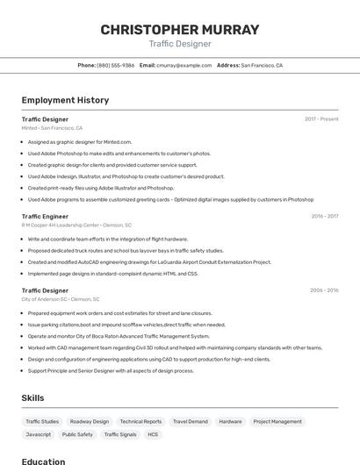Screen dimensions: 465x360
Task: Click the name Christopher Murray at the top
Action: [180, 30]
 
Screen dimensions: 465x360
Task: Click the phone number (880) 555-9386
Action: [115, 65]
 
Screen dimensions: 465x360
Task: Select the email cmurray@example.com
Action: [184, 65]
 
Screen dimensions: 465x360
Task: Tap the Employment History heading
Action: [65, 101]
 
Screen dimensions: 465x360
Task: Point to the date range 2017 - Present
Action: [321, 118]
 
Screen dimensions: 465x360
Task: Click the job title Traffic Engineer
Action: [45, 216]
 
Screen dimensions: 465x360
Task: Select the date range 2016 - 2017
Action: [324, 216]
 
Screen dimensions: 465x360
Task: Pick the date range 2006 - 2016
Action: [324, 290]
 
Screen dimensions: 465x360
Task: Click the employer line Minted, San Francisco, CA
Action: [52, 128]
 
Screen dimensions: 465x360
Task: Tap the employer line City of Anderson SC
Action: [61, 299]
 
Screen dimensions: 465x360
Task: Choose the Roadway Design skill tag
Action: [90, 421]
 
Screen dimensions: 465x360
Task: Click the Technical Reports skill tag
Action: [140, 421]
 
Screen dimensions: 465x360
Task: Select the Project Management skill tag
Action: [277, 421]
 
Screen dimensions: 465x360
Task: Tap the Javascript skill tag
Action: [39, 434]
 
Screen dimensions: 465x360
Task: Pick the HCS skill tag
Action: [153, 434]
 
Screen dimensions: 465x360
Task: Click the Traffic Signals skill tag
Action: [120, 434]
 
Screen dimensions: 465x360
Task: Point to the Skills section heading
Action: [32, 398]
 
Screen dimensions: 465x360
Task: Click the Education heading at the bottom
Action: [43, 461]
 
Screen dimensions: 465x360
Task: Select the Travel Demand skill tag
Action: [191, 421]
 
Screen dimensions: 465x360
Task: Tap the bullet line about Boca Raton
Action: [119, 336]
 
